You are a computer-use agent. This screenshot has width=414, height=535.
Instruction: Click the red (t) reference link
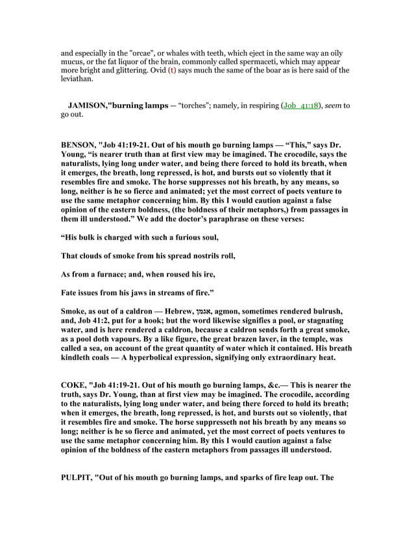(172, 70)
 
